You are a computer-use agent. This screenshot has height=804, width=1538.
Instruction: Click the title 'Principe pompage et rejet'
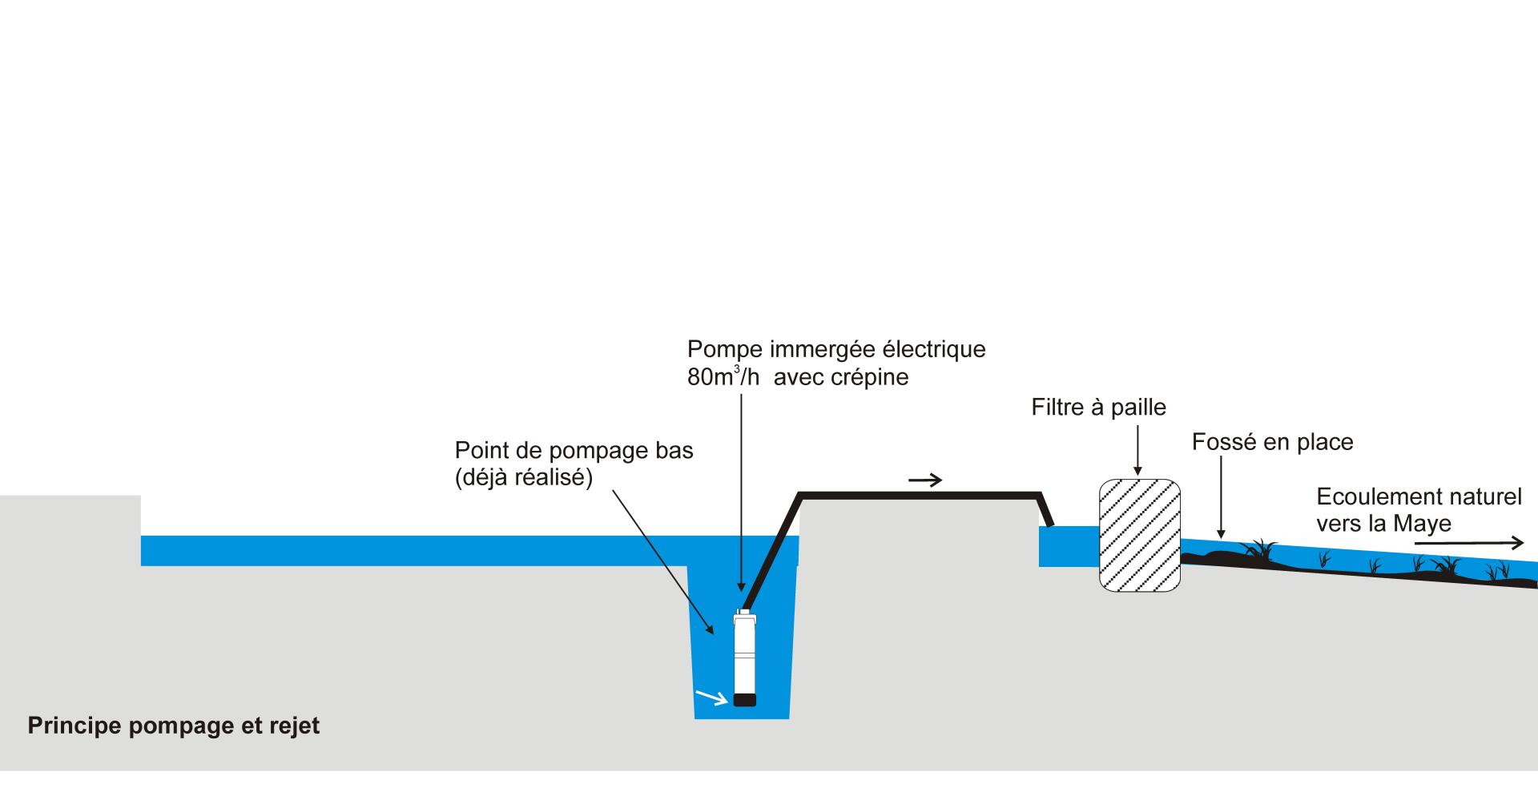pyautogui.click(x=174, y=726)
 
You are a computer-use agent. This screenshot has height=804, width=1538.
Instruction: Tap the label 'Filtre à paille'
pyautogui.click(x=1098, y=408)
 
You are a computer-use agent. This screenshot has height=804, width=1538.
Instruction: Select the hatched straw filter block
pyautogui.click(x=1139, y=535)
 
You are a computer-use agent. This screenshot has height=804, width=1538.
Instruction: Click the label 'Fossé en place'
pyautogui.click(x=1272, y=442)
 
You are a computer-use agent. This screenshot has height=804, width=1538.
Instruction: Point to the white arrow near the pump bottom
pyautogui.click(x=711, y=697)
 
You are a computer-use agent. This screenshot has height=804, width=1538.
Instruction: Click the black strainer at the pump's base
pyautogui.click(x=745, y=699)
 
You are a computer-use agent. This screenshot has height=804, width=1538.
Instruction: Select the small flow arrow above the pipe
pyautogui.click(x=925, y=480)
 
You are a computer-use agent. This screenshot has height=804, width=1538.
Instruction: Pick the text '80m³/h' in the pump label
pyautogui.click(x=723, y=377)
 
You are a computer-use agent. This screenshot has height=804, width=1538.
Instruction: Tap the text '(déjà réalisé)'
pyautogui.click(x=523, y=478)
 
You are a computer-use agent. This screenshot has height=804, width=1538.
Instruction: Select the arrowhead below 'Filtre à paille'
pyautogui.click(x=1137, y=472)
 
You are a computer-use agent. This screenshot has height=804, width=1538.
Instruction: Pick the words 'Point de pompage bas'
pyautogui.click(x=574, y=451)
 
